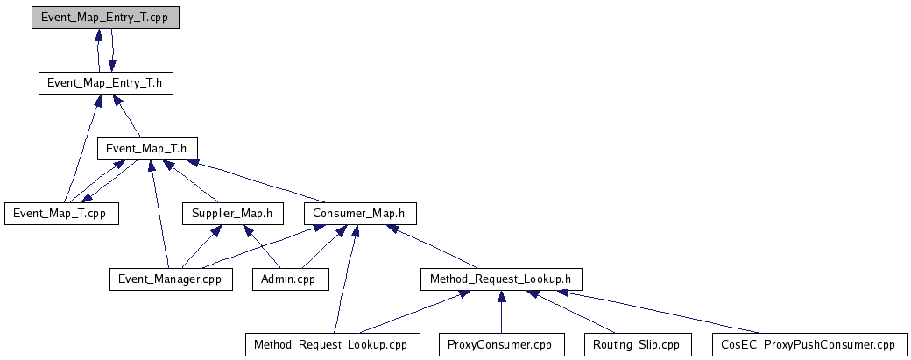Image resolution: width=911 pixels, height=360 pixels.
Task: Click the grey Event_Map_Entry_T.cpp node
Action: (105, 18)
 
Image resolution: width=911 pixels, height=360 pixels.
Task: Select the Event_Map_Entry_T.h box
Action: (105, 83)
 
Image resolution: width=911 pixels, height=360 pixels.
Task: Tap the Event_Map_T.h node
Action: (147, 148)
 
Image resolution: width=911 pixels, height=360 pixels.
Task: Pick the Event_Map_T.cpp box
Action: (60, 213)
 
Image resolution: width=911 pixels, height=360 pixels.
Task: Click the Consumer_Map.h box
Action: (360, 213)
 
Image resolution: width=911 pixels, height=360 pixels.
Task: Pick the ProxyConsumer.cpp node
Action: (501, 344)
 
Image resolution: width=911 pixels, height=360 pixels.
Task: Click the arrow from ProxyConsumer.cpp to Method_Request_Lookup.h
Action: (501, 314)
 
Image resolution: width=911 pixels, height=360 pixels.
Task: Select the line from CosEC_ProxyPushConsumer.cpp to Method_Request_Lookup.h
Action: (666, 313)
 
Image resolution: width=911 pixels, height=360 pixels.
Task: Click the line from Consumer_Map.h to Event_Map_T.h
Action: (254, 181)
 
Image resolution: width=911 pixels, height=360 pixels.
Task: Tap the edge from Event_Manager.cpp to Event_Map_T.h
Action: (159, 215)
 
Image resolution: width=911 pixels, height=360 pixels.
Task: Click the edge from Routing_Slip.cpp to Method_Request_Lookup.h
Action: (569, 313)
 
